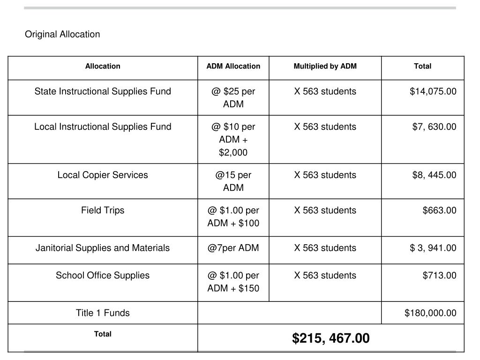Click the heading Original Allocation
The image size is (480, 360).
pos(62,34)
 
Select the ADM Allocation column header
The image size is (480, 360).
pos(233,66)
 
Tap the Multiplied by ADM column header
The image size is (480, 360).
pos(325,66)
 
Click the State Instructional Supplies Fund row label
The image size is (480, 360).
pos(103,91)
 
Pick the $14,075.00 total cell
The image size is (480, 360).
pos(433,91)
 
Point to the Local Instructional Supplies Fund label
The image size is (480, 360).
pos(103,127)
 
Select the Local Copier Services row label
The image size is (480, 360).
pos(103,175)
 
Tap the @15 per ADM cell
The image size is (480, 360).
pos(233,181)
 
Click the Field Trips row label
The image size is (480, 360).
pos(103,210)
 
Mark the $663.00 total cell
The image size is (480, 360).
pos(439,210)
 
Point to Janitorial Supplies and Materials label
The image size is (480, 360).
pos(103,247)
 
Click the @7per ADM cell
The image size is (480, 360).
pos(233,247)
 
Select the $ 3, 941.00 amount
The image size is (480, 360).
pos(433,247)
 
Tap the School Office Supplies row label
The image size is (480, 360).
pos(103,275)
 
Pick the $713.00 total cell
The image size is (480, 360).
pos(439,275)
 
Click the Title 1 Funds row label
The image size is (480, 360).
pos(103,313)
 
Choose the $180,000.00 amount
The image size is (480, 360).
pos(430,313)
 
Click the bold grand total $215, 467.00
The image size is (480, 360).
pos(330,338)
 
